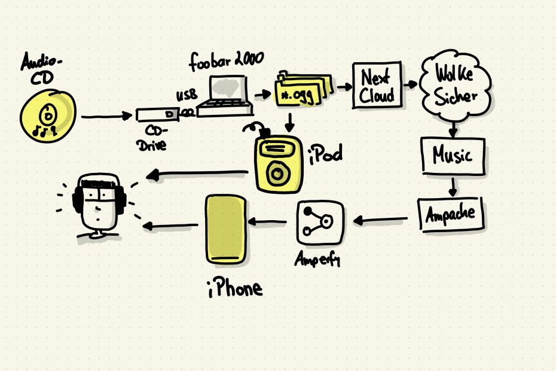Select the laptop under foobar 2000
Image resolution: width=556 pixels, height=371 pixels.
coord(225,96)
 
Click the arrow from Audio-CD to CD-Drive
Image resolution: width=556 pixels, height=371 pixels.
coord(106,116)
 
